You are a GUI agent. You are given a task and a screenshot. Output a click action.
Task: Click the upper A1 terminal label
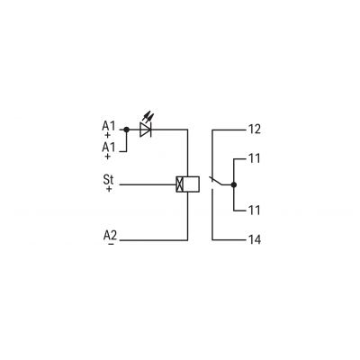click(108, 126)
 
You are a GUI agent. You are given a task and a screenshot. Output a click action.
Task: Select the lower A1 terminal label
click(108, 148)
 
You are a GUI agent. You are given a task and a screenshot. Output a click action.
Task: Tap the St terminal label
click(108, 180)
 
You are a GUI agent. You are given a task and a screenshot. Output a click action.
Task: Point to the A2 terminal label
click(110, 235)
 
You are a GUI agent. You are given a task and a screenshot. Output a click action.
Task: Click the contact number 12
click(255, 130)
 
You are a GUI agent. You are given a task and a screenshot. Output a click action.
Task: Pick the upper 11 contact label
click(255, 158)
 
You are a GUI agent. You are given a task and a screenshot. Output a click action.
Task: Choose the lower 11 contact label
click(255, 210)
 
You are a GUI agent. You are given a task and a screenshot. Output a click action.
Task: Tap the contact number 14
click(255, 239)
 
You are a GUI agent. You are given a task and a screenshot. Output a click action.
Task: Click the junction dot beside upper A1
click(127, 130)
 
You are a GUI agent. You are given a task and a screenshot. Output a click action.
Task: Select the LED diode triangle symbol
click(146, 130)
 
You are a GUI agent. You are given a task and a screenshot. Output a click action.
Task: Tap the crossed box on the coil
click(179, 184)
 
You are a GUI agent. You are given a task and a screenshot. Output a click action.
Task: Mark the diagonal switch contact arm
click(216, 181)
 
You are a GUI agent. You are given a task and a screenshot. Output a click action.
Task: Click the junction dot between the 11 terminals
click(234, 184)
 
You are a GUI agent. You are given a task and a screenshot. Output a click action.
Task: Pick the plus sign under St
click(109, 189)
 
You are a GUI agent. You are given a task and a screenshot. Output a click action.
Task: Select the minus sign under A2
click(111, 244)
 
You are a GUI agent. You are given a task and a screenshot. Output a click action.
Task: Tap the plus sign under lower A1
click(107, 157)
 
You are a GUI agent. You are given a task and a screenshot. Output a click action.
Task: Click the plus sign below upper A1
click(107, 135)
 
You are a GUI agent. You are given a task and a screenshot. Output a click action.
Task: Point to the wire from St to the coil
click(148, 184)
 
